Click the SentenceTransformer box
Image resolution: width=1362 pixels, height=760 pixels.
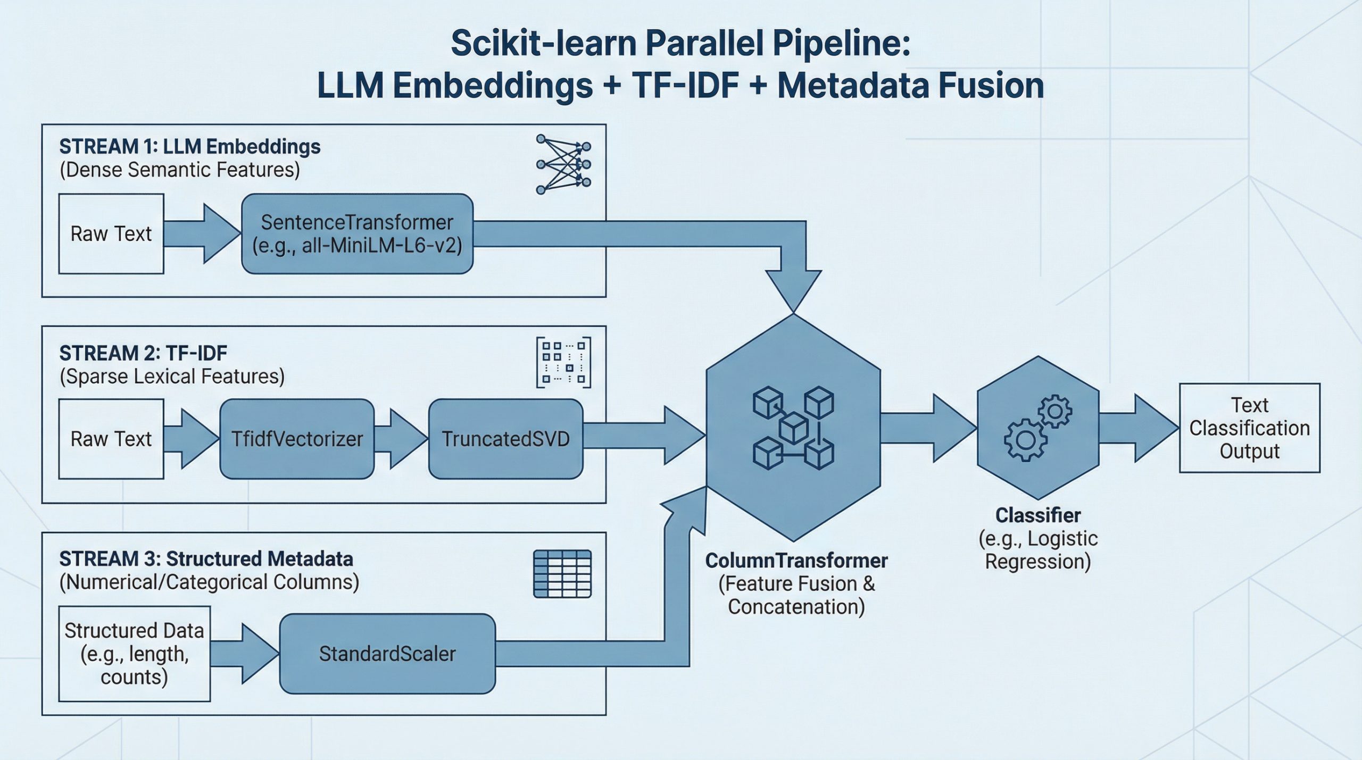point(357,234)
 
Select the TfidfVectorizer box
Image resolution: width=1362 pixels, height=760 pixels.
point(297,439)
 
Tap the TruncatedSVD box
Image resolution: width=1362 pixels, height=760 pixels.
point(505,439)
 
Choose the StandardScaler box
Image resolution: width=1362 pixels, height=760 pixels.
point(387,654)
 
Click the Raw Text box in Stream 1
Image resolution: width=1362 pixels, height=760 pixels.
point(111,234)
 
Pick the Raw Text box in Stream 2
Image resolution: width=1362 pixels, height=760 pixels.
point(111,439)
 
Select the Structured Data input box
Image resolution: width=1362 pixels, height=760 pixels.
point(134,654)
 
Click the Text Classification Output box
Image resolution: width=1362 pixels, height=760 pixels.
point(1249,428)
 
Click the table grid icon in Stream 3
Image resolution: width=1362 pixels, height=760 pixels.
point(562,574)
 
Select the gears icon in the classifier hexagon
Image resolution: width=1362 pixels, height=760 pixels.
point(1037,428)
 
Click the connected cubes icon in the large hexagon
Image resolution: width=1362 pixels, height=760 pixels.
point(793,429)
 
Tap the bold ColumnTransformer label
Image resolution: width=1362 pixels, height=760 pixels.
point(796,561)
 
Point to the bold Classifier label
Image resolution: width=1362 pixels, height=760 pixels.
point(1037,515)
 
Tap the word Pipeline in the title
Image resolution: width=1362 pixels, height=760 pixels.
point(841,44)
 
